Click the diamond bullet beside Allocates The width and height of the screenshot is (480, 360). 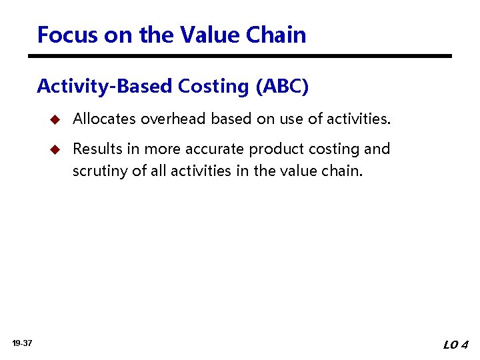click(55, 119)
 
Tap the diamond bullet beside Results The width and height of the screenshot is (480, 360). click(55, 149)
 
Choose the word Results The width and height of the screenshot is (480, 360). click(97, 149)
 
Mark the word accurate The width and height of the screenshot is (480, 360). click(214, 149)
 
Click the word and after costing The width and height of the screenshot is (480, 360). click(377, 149)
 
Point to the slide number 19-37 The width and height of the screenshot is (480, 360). click(23, 343)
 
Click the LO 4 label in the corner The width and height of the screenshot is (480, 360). click(456, 345)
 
